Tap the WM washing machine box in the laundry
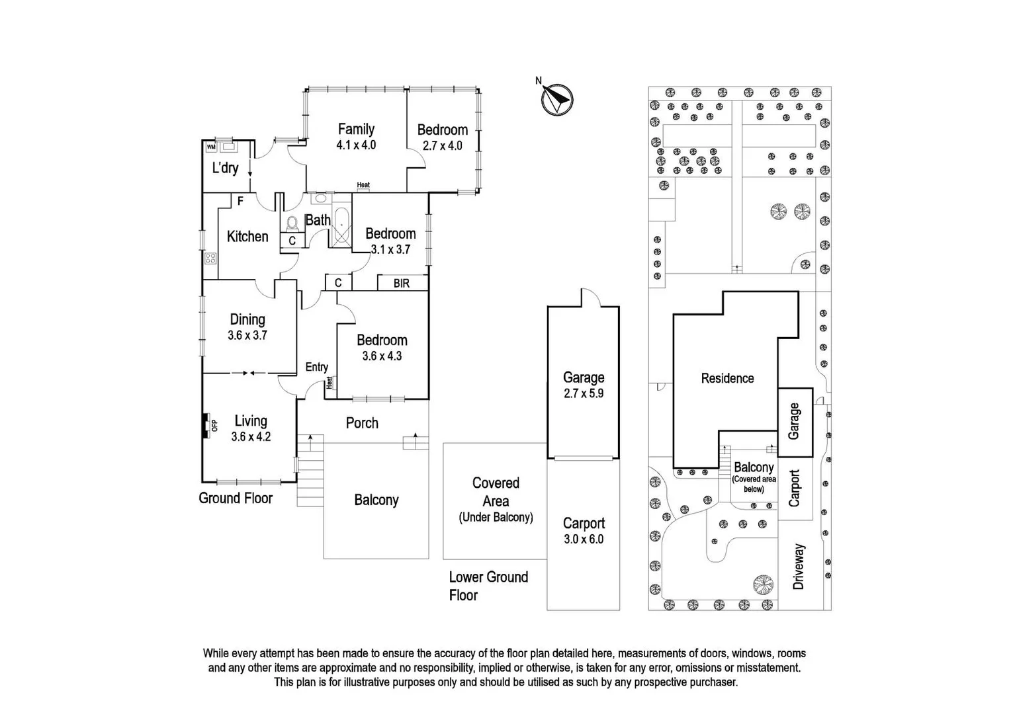pos(211,147)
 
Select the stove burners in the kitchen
pos(210,258)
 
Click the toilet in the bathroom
pos(292,223)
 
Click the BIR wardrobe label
pos(401,283)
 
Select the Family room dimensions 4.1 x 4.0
pos(356,145)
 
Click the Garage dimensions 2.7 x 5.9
pos(584,393)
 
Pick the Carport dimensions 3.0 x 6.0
pos(584,539)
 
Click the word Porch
pos(362,423)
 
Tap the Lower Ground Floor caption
pos(488,586)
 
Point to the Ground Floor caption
pos(236,498)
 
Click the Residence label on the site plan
pos(728,378)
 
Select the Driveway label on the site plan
pos(799,567)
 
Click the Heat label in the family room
pos(363,185)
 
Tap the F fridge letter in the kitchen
pos(240,201)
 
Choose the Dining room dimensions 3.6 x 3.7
pos(247,335)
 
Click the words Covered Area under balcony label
pos(496,492)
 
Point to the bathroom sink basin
pos(321,198)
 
